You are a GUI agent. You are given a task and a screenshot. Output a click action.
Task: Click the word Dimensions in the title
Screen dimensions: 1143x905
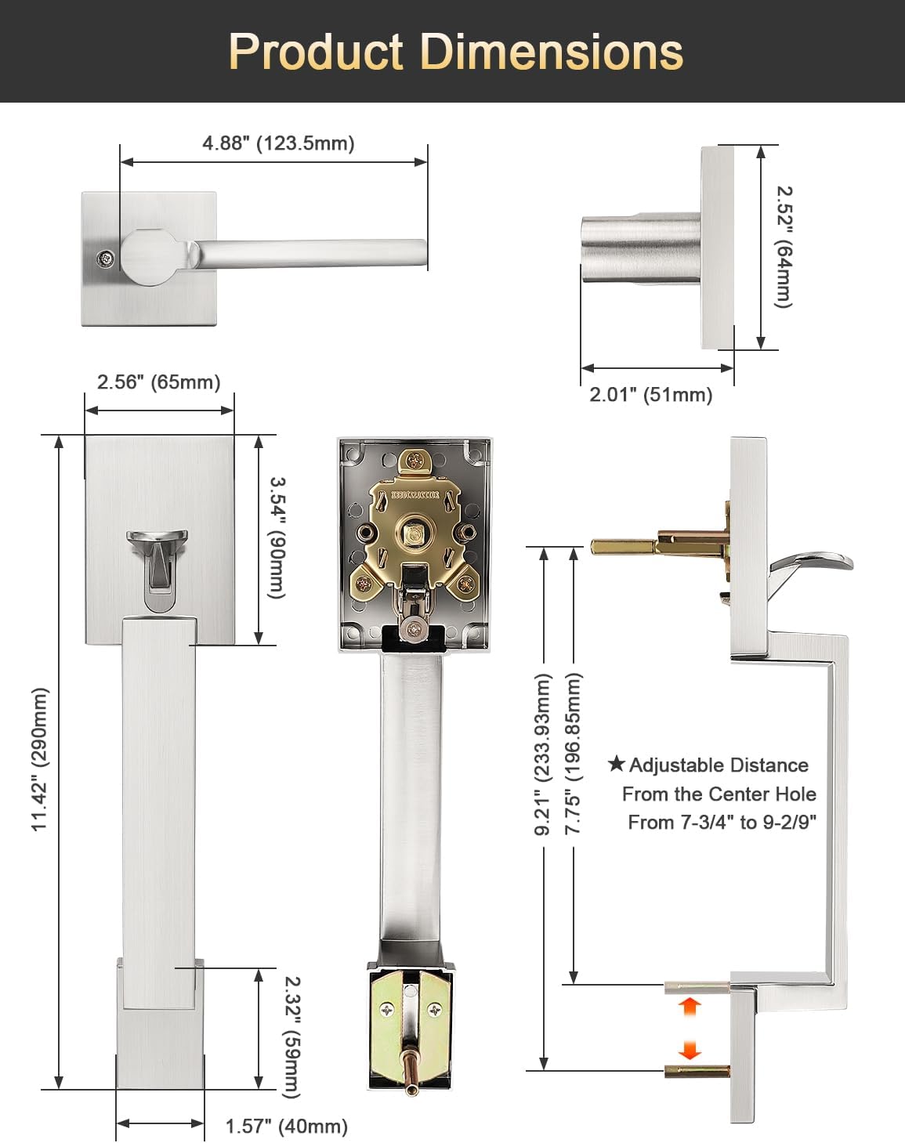(552, 52)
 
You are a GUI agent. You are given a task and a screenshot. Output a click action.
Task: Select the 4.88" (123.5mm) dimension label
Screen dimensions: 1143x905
(278, 143)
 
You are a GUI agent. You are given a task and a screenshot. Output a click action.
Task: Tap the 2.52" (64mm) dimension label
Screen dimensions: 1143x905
(784, 247)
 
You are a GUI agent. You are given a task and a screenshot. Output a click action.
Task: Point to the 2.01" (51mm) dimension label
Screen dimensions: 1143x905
(651, 395)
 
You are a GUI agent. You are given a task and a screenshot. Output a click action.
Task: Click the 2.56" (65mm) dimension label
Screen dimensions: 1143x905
(159, 382)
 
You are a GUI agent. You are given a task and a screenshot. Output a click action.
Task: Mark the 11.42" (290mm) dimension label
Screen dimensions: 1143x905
(40, 759)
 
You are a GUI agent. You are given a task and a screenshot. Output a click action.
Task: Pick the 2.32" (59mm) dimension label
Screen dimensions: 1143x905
(291, 1036)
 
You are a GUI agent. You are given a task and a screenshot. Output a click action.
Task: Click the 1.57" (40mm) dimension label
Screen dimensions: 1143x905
(287, 1127)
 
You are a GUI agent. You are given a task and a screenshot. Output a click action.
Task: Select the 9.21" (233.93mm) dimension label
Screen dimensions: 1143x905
(542, 754)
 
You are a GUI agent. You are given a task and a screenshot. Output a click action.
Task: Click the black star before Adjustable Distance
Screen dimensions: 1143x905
(617, 764)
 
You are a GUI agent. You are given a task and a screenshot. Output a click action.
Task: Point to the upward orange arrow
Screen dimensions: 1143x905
(689, 1005)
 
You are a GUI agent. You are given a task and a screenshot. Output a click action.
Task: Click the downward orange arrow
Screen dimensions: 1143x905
(689, 1050)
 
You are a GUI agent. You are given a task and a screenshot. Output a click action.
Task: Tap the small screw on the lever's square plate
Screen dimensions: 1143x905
(103, 259)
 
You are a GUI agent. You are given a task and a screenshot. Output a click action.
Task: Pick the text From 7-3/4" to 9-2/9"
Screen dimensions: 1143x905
(722, 823)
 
